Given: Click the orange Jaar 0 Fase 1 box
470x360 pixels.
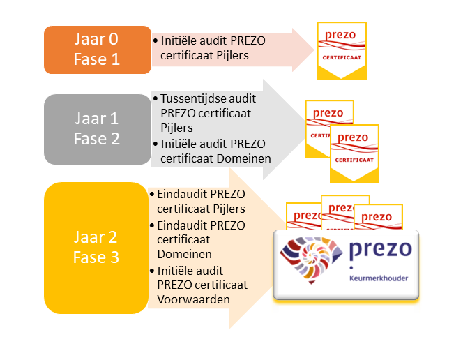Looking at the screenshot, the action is (x=98, y=50).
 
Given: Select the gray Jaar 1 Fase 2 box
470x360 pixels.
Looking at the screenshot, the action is (x=98, y=129).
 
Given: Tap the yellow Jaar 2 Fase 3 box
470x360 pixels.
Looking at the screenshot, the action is (x=96, y=248).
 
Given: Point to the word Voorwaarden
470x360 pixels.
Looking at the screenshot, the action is (x=193, y=299).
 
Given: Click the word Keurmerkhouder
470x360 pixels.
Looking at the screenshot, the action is (x=379, y=278).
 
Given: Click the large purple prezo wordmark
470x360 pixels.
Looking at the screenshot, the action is (x=381, y=249).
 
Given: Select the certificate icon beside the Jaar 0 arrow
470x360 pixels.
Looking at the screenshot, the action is (x=342, y=51).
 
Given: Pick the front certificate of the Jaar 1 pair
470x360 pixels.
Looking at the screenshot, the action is (x=354, y=153).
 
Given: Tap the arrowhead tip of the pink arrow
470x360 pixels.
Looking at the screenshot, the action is (x=314, y=50).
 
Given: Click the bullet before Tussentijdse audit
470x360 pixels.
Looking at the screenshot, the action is (x=156, y=98).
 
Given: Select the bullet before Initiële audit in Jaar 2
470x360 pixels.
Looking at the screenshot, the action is (x=152, y=271).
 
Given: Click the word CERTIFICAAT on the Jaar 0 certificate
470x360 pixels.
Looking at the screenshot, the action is (x=342, y=58).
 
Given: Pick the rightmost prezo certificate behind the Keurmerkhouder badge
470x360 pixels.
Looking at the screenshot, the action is (x=378, y=217).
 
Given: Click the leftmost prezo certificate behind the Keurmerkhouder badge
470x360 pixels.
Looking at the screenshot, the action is (x=303, y=216).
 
